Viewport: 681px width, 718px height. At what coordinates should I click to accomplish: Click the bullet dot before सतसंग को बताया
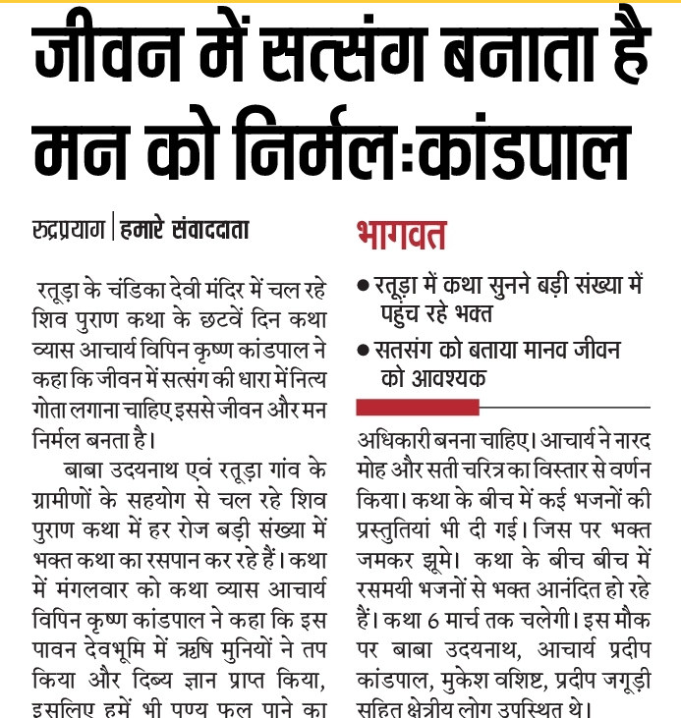pyautogui.click(x=364, y=351)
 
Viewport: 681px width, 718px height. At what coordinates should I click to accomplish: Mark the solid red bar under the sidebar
pyautogui.click(x=418, y=407)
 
